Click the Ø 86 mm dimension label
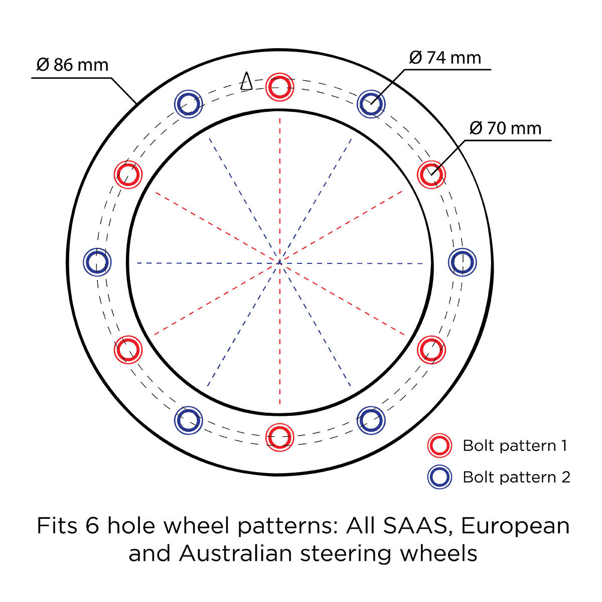click(72, 65)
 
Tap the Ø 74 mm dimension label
click(445, 58)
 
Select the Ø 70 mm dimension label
click(505, 128)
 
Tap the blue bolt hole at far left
click(85, 262)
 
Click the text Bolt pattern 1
click(515, 445)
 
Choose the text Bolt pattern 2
click(517, 477)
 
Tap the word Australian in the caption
click(236, 553)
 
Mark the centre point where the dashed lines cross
click(279, 263)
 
